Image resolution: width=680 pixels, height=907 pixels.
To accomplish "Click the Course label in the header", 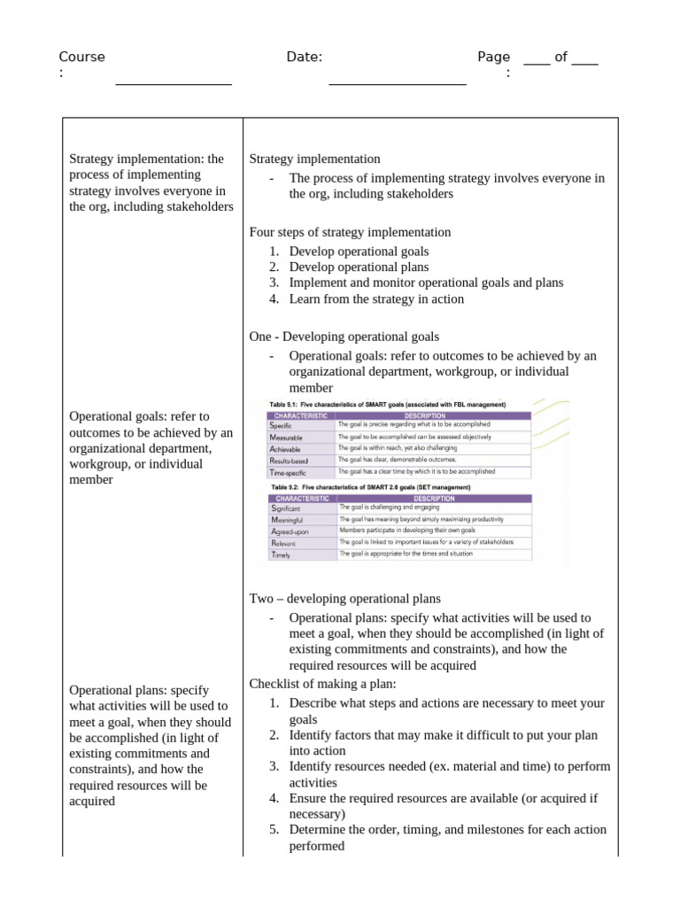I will point(81,57).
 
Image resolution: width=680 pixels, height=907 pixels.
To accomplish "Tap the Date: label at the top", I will point(304,57).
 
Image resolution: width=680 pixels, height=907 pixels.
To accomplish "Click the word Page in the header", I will point(493,57).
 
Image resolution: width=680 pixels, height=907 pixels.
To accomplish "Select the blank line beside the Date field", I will point(398,81).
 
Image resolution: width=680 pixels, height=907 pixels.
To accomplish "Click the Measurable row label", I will point(286,438).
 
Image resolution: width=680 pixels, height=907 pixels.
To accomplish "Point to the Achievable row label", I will point(285,449).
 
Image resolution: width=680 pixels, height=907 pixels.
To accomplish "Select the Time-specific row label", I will point(288,473).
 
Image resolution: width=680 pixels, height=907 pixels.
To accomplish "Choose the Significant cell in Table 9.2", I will point(285,508).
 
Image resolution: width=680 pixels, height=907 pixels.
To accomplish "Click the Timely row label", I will point(281,554).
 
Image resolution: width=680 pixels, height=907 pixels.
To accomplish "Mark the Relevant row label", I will point(283,542).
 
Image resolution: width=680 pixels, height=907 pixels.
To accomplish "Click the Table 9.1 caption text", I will point(387,404).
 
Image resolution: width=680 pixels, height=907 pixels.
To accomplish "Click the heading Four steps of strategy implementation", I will point(350,232).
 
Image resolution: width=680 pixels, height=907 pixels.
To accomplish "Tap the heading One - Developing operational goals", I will point(344,337).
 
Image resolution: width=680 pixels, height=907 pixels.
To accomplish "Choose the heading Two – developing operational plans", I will point(344,599).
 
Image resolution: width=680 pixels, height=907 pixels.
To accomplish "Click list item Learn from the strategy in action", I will point(376,298).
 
